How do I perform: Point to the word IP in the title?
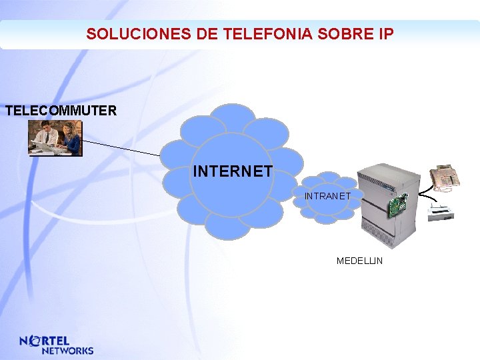point(385,34)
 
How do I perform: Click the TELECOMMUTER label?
point(61,111)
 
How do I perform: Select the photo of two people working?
point(55,138)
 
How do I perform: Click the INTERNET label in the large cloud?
point(232,171)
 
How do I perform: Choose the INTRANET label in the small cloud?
point(327,196)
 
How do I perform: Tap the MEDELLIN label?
point(359,261)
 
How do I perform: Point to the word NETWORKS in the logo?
point(67,350)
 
